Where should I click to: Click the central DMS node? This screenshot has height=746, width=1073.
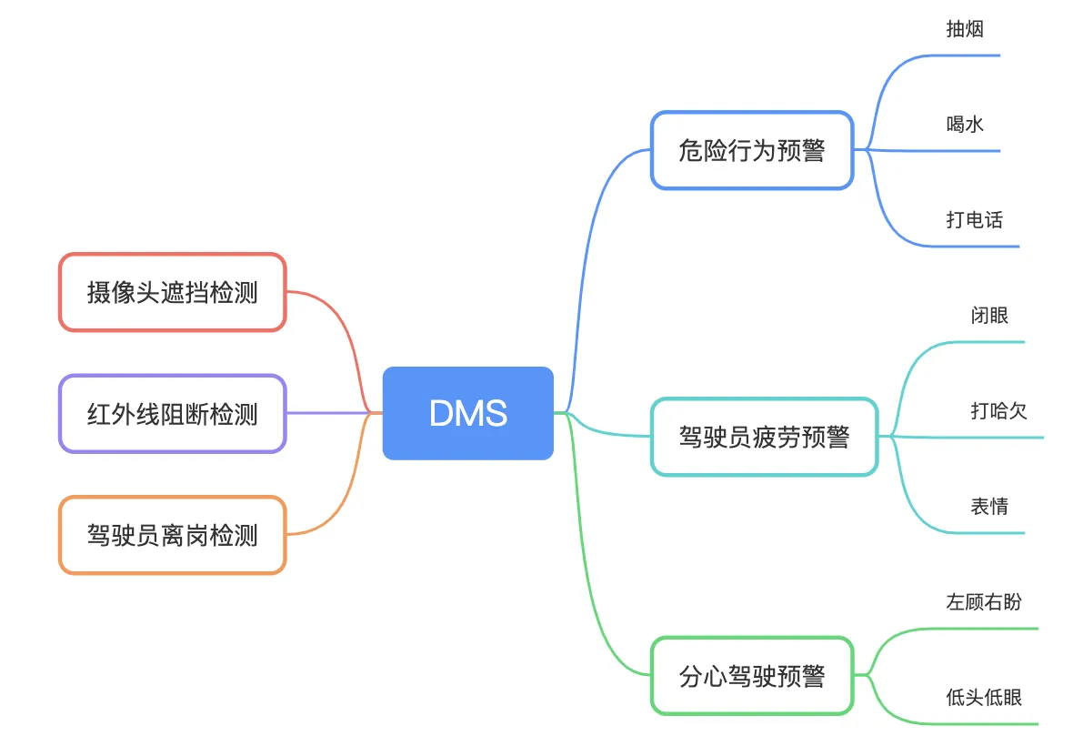pos(468,413)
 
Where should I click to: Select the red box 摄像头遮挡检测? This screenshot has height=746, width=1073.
pos(173,292)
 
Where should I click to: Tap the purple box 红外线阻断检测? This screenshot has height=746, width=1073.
pos(173,414)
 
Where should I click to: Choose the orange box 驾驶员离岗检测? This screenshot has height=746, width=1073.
pos(173,535)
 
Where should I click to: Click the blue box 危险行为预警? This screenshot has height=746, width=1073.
pos(752,151)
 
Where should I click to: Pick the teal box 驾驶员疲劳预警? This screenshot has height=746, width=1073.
pos(765,437)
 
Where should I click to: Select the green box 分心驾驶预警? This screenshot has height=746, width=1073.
pos(752,676)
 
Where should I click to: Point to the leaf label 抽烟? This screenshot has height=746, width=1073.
pos(965,29)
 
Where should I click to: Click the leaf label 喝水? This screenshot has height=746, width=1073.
pos(965,124)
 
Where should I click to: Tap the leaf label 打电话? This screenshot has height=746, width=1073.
pos(975,219)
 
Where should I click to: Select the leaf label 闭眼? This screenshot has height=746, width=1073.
pos(989,316)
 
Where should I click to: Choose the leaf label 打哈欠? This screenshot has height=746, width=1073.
pos(999,410)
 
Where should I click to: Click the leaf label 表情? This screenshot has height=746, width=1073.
pos(989,507)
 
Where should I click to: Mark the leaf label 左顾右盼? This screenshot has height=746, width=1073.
pos(984,601)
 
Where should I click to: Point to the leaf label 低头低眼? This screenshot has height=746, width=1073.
pos(984,698)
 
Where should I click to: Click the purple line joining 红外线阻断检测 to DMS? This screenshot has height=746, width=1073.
pos(334,413)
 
